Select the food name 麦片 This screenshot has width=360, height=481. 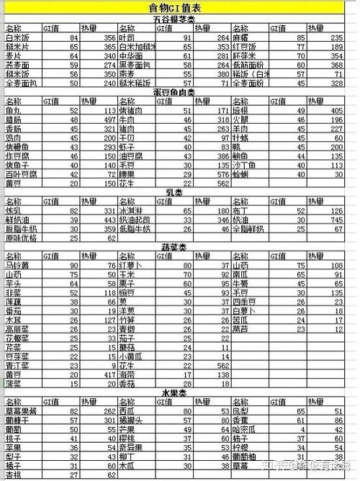click(x=14, y=55)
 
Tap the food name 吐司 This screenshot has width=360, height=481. click(x=127, y=37)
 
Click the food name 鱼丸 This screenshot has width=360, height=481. click(x=14, y=110)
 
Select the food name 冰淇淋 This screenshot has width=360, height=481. click(x=131, y=211)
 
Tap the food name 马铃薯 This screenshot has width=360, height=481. click(x=17, y=266)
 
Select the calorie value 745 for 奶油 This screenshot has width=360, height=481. click(x=336, y=220)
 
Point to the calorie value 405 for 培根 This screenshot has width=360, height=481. click(x=336, y=110)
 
